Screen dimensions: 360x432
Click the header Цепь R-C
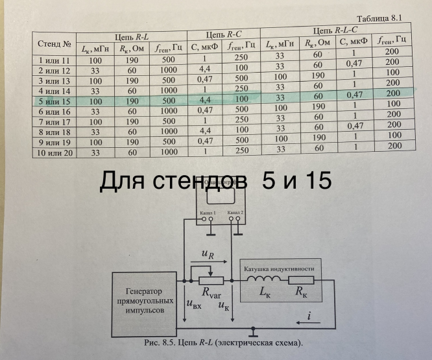(x=223, y=34)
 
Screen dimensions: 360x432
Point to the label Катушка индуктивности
(x=279, y=269)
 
